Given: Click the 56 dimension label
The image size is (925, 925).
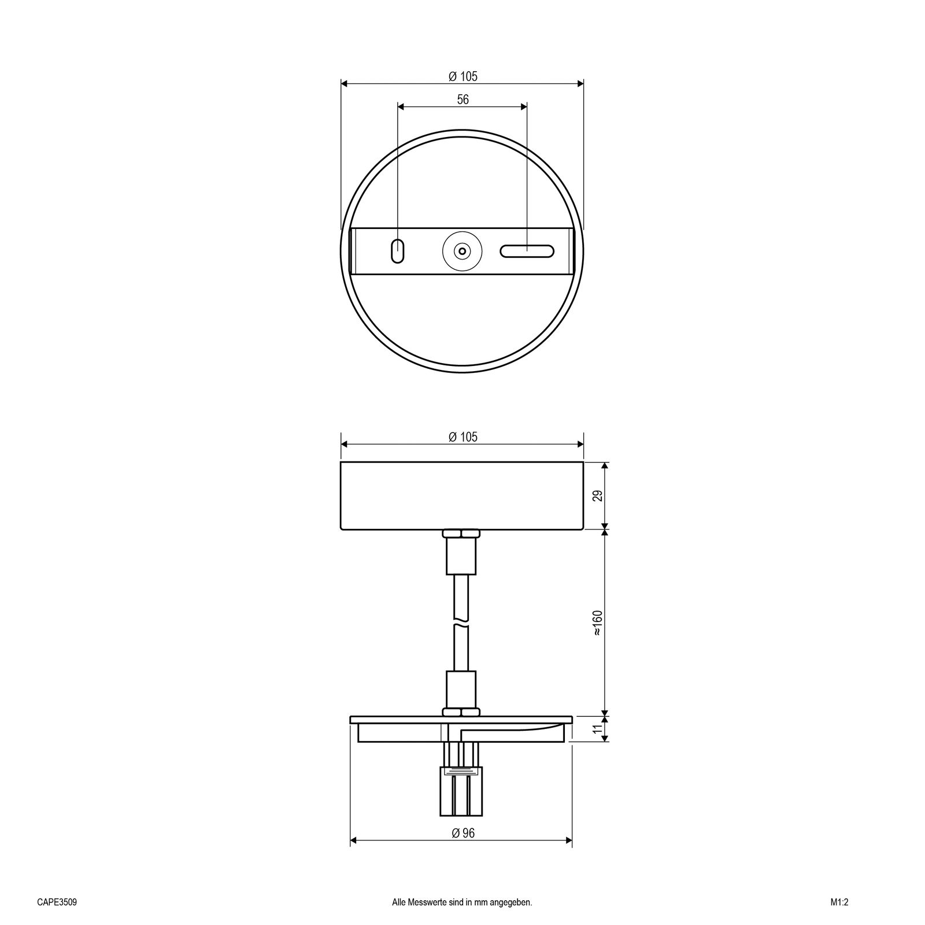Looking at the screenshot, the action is (x=462, y=99).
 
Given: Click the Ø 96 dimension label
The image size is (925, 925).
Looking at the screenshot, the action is (x=462, y=833).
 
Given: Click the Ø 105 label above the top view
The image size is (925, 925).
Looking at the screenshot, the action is (x=463, y=76).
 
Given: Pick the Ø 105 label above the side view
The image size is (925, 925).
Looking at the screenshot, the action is (x=463, y=437).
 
